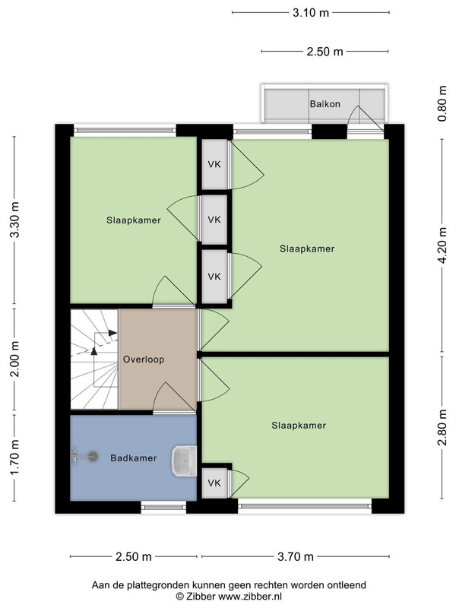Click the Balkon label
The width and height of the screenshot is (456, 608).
click(325, 104)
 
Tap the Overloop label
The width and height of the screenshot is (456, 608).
click(144, 359)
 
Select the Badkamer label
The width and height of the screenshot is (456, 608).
click(134, 458)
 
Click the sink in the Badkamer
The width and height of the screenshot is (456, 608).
click(184, 461)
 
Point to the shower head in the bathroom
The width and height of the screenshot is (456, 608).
click(92, 457)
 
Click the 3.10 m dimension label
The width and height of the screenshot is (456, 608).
click(311, 13)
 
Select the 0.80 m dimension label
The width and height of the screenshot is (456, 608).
click(442, 103)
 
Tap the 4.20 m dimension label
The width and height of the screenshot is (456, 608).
click(442, 245)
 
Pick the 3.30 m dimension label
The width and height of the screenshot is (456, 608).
click(14, 220)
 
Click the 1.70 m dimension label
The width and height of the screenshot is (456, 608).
click(14, 458)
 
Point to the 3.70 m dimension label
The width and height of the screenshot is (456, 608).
click(296, 557)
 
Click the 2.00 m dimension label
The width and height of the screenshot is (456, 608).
click(14, 359)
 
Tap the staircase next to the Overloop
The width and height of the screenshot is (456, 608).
click(94, 359)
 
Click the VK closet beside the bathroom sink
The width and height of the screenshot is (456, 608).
click(214, 483)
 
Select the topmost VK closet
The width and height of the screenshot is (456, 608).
click(214, 164)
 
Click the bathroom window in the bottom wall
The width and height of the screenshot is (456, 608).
click(163, 507)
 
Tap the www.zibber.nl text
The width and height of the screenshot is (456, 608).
click(250, 596)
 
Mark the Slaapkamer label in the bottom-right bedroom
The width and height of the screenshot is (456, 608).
click(299, 426)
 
